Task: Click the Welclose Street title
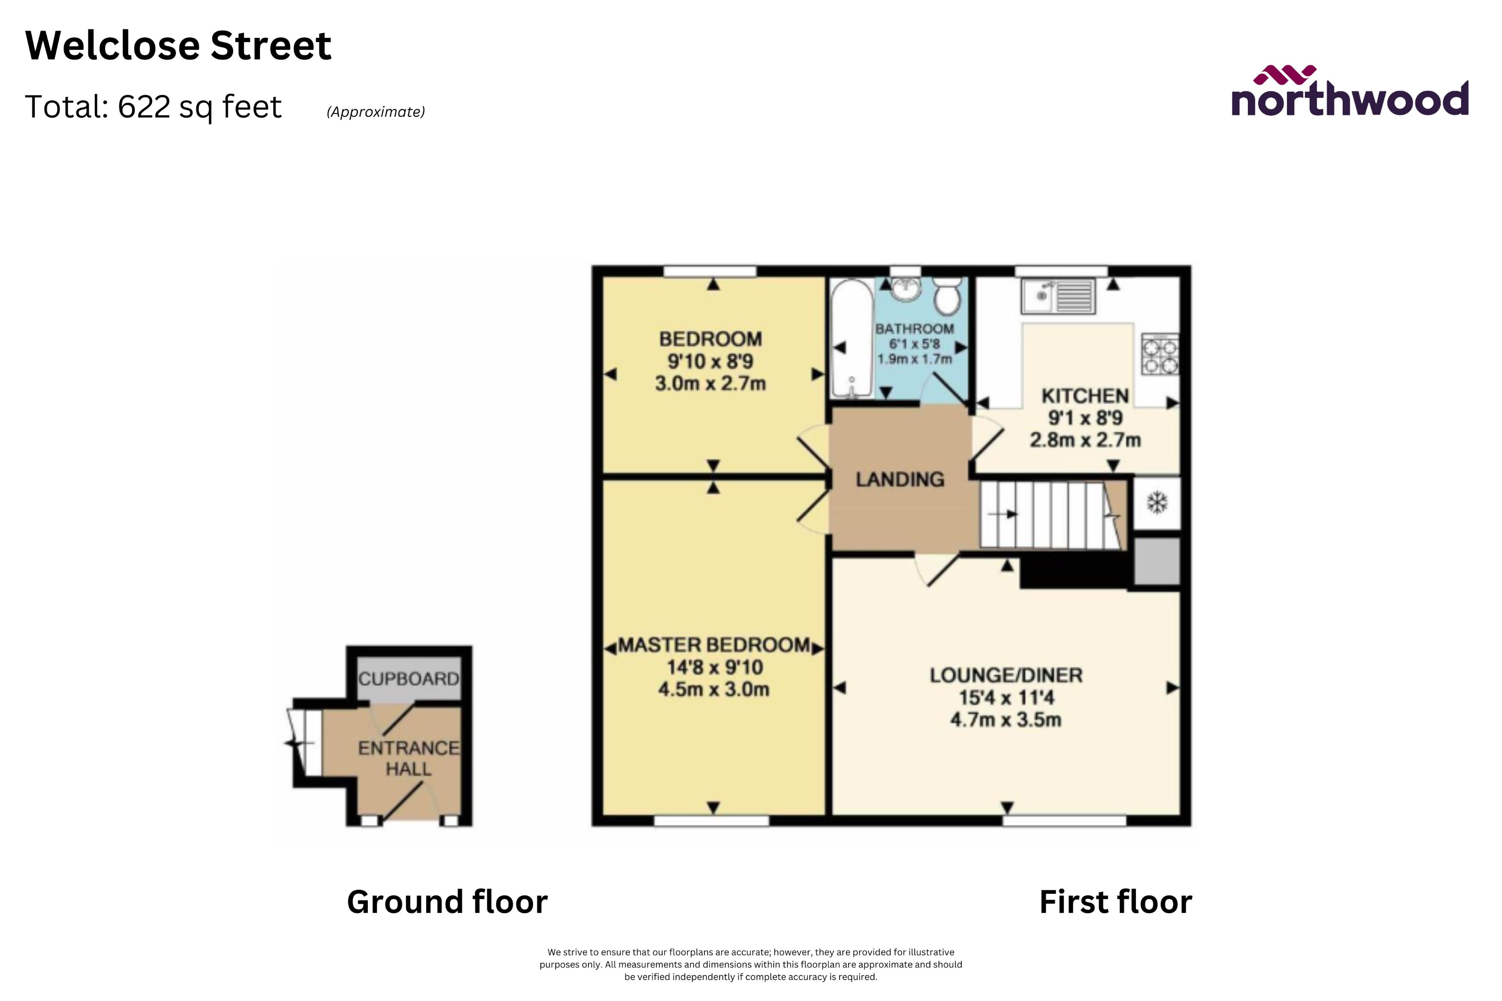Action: coord(178,46)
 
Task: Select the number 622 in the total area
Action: coord(144,107)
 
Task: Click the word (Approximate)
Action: coord(375,112)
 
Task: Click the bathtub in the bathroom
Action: coord(851,338)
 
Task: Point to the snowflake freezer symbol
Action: coord(1157,502)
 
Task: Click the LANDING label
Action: coord(900,479)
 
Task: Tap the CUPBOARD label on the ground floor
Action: coord(409,678)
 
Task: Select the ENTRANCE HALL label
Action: coord(409,758)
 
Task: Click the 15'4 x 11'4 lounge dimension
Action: coord(1006,698)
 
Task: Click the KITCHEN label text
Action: coord(1085,396)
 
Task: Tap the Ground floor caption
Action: coord(447,902)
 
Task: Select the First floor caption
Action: coord(1115,902)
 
